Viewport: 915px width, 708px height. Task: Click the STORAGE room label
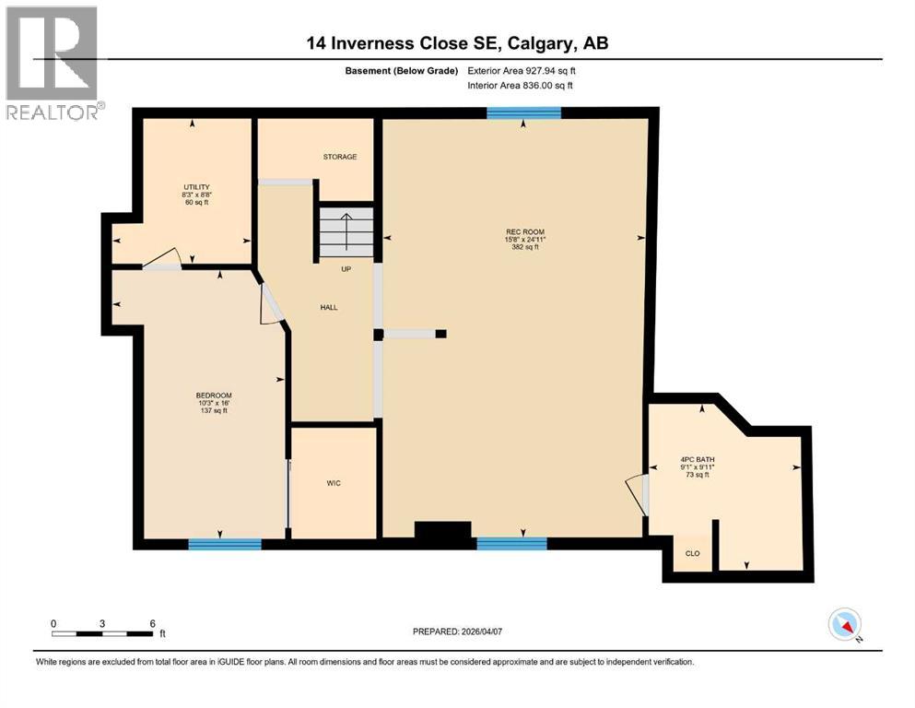[340, 157]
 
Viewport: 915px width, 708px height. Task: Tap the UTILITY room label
[196, 187]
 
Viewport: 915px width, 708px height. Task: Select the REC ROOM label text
[524, 231]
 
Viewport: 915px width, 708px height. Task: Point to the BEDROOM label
[214, 395]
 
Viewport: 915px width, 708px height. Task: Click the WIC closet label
[334, 483]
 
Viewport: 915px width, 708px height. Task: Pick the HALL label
[329, 307]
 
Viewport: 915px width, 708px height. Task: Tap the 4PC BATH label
[698, 459]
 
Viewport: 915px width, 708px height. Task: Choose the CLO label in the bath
[692, 553]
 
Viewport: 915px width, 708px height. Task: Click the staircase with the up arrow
[346, 232]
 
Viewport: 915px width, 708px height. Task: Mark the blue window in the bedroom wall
[225, 544]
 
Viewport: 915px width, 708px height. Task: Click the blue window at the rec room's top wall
[524, 112]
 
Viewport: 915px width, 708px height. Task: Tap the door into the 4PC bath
[638, 495]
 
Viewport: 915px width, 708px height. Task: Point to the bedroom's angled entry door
[271, 303]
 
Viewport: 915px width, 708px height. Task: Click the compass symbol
[845, 624]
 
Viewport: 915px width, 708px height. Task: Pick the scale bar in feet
[102, 633]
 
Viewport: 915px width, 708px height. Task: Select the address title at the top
[457, 43]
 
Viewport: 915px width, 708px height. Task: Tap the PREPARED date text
[457, 631]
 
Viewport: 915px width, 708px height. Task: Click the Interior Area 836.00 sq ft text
[520, 85]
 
